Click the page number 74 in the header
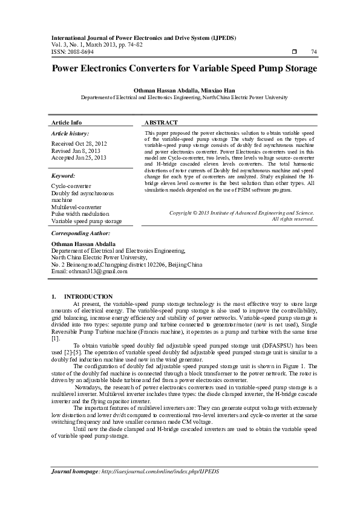[313, 53]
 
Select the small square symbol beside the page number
[293, 53]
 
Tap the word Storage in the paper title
[296, 68]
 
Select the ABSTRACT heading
[161, 122]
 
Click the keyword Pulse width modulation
[80, 214]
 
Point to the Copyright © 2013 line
[241, 213]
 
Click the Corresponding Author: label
[80, 233]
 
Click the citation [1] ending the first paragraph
[55, 339]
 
